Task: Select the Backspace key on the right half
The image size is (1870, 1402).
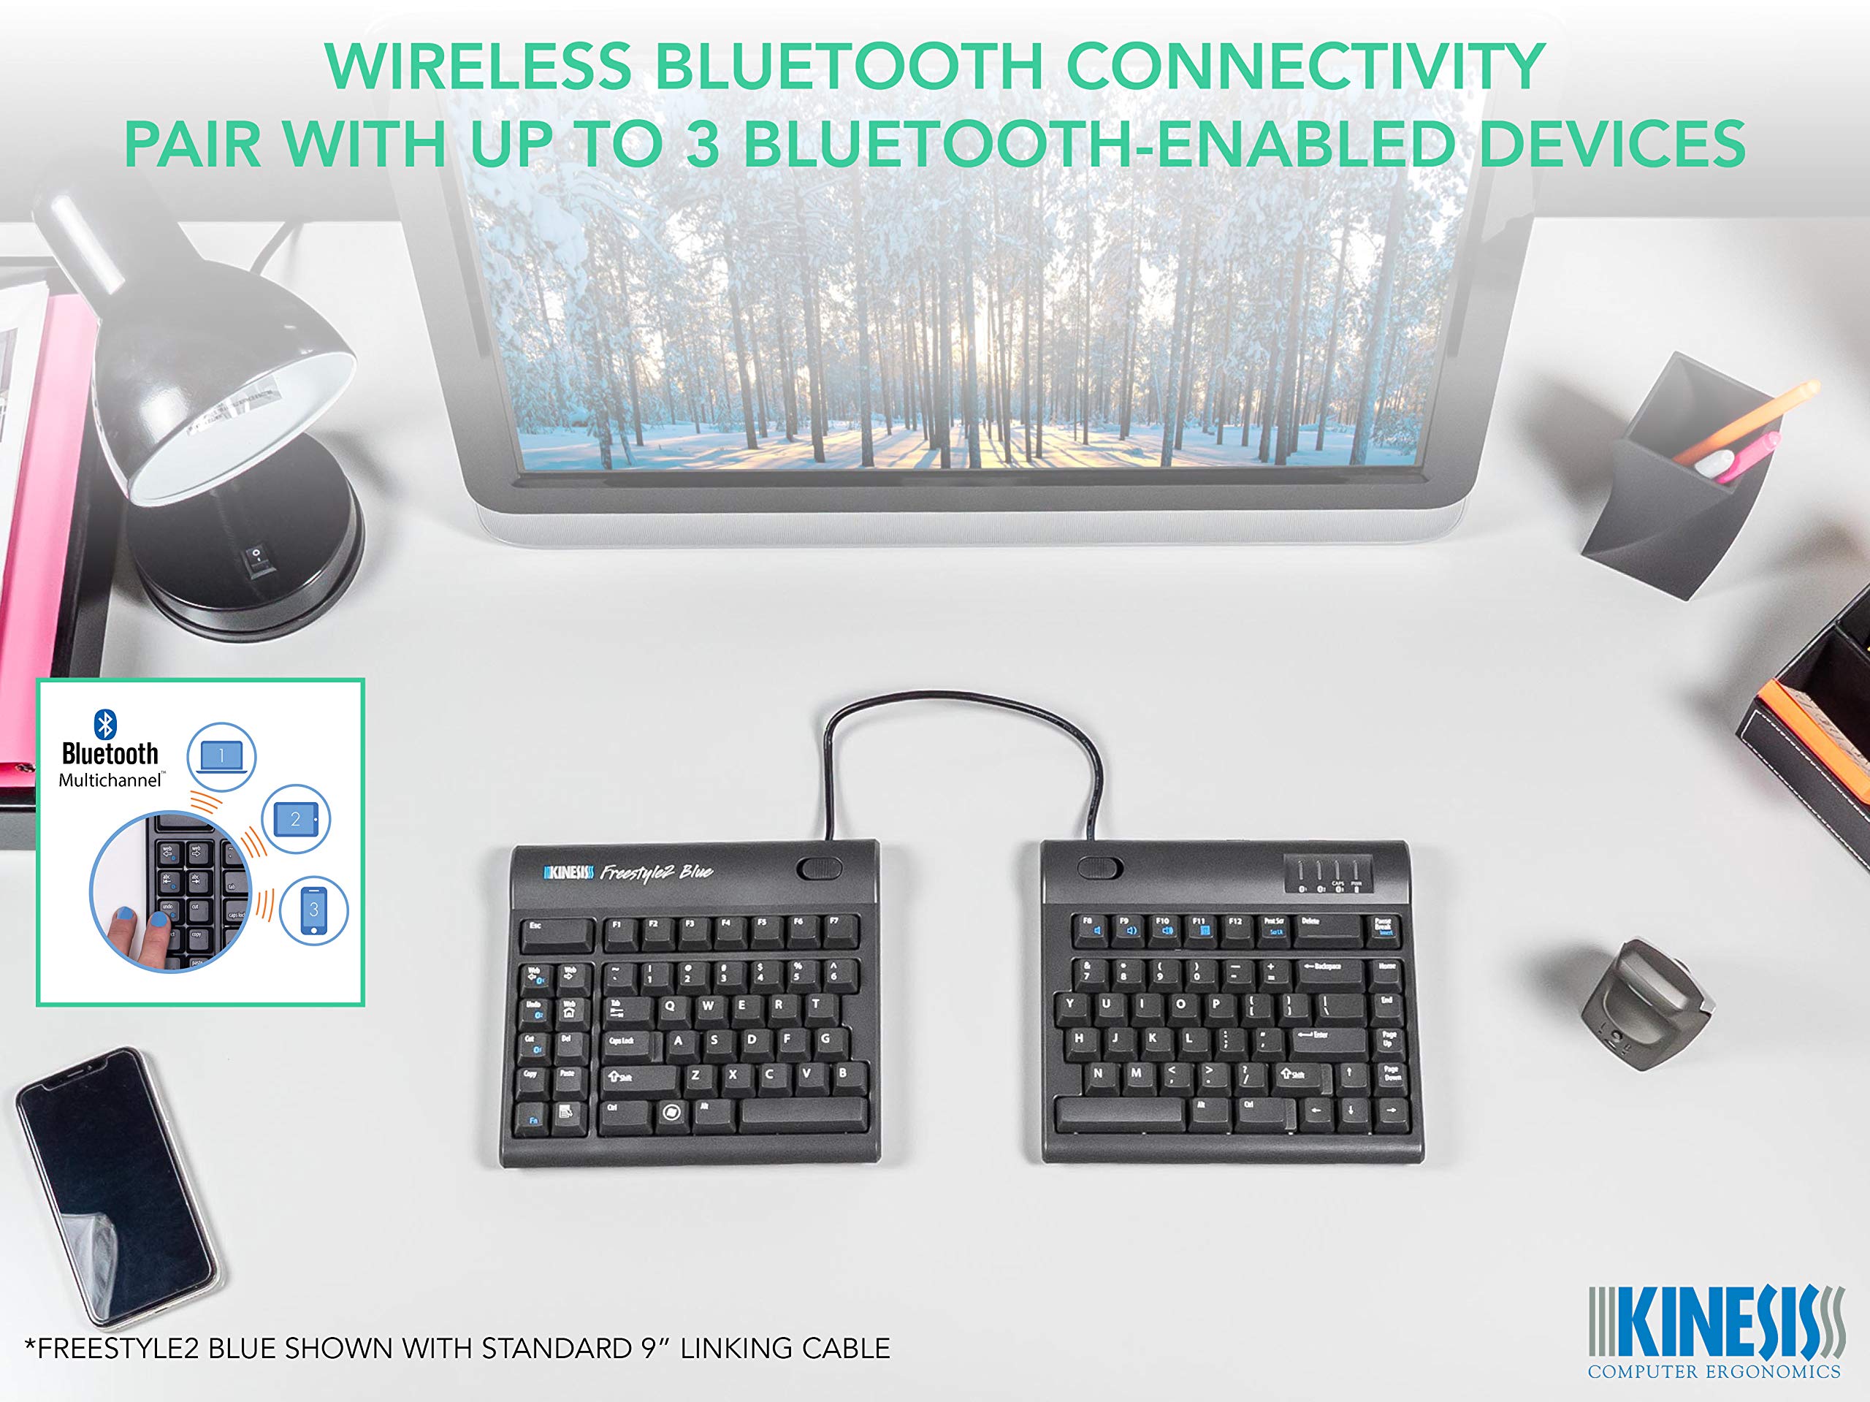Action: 1329,972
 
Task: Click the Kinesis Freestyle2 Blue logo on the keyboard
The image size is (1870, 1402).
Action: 628,872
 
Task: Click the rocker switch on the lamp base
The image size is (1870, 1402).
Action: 257,560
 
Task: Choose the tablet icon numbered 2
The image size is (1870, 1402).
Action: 295,818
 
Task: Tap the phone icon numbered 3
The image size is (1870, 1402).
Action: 313,910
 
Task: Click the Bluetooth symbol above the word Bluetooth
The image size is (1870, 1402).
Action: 105,725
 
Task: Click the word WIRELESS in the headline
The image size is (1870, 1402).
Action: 478,66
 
